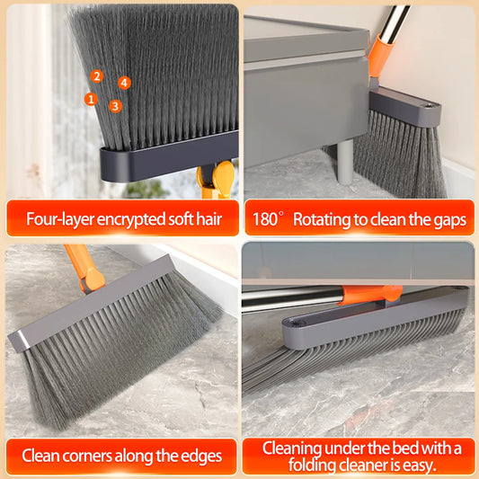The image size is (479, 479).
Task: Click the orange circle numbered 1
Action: tap(91, 99)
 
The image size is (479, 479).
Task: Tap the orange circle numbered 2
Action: tap(97, 76)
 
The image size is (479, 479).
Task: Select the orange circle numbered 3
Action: tap(115, 106)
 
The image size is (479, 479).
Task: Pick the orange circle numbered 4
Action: tap(124, 83)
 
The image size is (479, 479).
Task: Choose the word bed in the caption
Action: tap(405, 448)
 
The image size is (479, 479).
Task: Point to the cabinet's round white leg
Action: tap(345, 161)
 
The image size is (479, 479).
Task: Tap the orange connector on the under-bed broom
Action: tap(371, 294)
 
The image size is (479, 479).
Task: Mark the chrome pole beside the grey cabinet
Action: tap(392, 22)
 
